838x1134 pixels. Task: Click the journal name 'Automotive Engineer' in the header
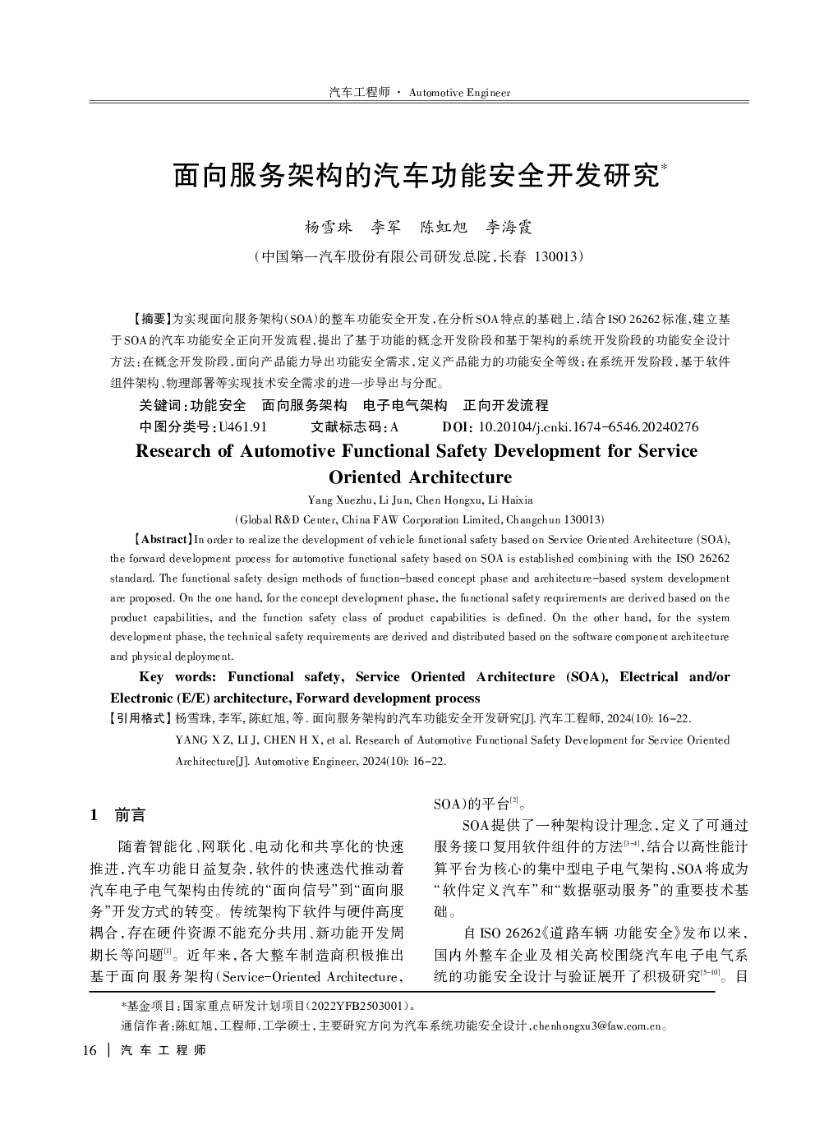(x=459, y=93)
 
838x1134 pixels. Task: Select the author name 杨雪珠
(x=329, y=227)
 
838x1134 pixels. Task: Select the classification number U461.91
(x=238, y=427)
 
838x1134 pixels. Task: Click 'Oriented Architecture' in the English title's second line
(x=420, y=477)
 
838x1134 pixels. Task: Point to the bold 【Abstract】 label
(x=163, y=540)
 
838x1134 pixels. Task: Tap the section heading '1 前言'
(x=118, y=815)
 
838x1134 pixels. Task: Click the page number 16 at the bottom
(x=90, y=1051)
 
